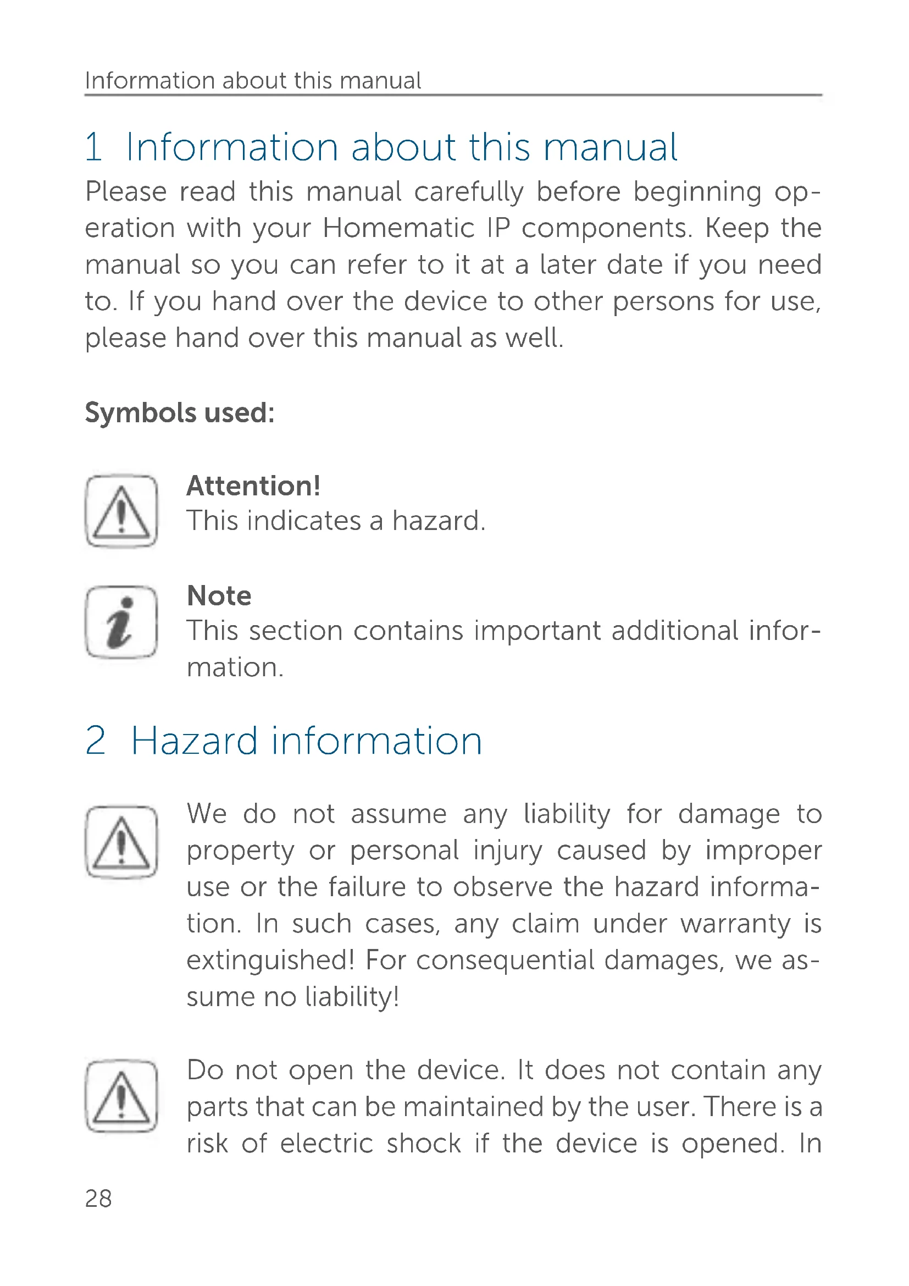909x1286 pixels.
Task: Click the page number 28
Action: tap(98, 1199)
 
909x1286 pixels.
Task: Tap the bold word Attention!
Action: tap(253, 485)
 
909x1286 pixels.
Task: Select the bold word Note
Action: tap(219, 595)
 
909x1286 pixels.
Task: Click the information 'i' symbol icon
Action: tap(121, 622)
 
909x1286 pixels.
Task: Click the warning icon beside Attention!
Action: tap(121, 511)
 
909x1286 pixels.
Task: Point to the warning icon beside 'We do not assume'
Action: tap(121, 842)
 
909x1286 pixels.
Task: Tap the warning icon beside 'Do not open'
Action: tap(121, 1096)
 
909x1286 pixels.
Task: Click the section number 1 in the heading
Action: tap(94, 147)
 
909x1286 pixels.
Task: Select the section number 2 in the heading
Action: tap(96, 741)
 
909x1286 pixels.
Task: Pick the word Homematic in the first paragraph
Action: tap(398, 228)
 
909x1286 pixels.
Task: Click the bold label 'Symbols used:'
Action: tap(180, 413)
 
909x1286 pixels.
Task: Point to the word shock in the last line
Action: tap(424, 1143)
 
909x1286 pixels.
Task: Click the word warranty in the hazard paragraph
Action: tap(735, 924)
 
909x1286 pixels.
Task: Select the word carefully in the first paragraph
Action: tap(468, 192)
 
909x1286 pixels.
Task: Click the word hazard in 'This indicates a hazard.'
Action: tap(437, 521)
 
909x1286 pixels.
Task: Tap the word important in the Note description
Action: tap(536, 631)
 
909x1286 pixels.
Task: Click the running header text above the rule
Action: tap(253, 81)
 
